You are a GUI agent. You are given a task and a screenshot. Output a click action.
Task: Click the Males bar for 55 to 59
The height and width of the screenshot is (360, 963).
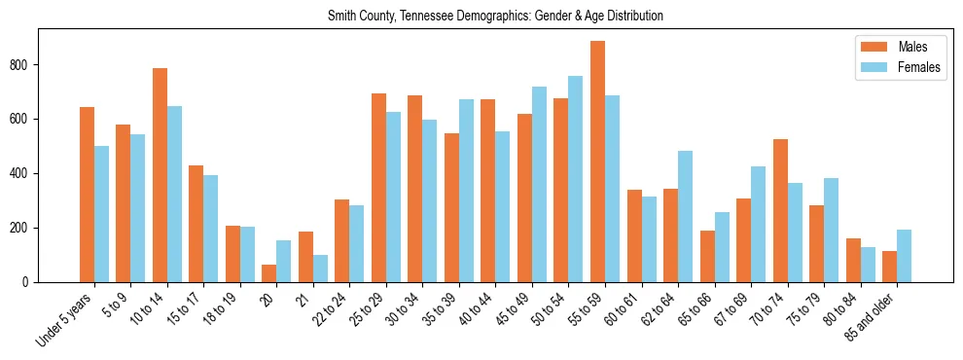click(x=597, y=162)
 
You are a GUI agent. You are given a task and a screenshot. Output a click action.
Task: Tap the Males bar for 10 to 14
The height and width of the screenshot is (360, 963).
click(x=160, y=175)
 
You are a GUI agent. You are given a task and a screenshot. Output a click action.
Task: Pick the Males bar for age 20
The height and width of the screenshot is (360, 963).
click(x=269, y=273)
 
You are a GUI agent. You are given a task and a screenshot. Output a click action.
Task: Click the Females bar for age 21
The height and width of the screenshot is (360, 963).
click(x=320, y=269)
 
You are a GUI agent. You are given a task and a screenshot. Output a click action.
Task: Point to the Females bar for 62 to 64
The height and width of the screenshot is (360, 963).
click(x=685, y=216)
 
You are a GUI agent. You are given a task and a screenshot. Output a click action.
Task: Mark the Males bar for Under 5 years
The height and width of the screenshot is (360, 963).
click(x=87, y=195)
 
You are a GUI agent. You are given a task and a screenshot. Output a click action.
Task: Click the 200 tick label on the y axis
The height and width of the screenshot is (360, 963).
click(x=25, y=228)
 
